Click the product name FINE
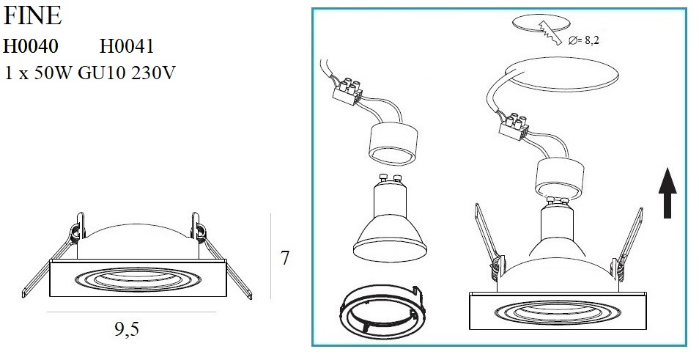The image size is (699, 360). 32,16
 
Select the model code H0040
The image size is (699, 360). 31,46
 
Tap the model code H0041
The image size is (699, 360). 127,46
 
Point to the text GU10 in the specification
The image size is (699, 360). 102,73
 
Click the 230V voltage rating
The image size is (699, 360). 153,73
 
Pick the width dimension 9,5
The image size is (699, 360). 127,329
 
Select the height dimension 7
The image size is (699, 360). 285,258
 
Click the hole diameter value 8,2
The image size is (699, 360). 591,40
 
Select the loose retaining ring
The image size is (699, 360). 382,309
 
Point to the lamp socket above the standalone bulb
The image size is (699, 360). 393,144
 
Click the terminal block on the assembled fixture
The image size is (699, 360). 513,126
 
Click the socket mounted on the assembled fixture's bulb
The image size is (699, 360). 560,180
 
